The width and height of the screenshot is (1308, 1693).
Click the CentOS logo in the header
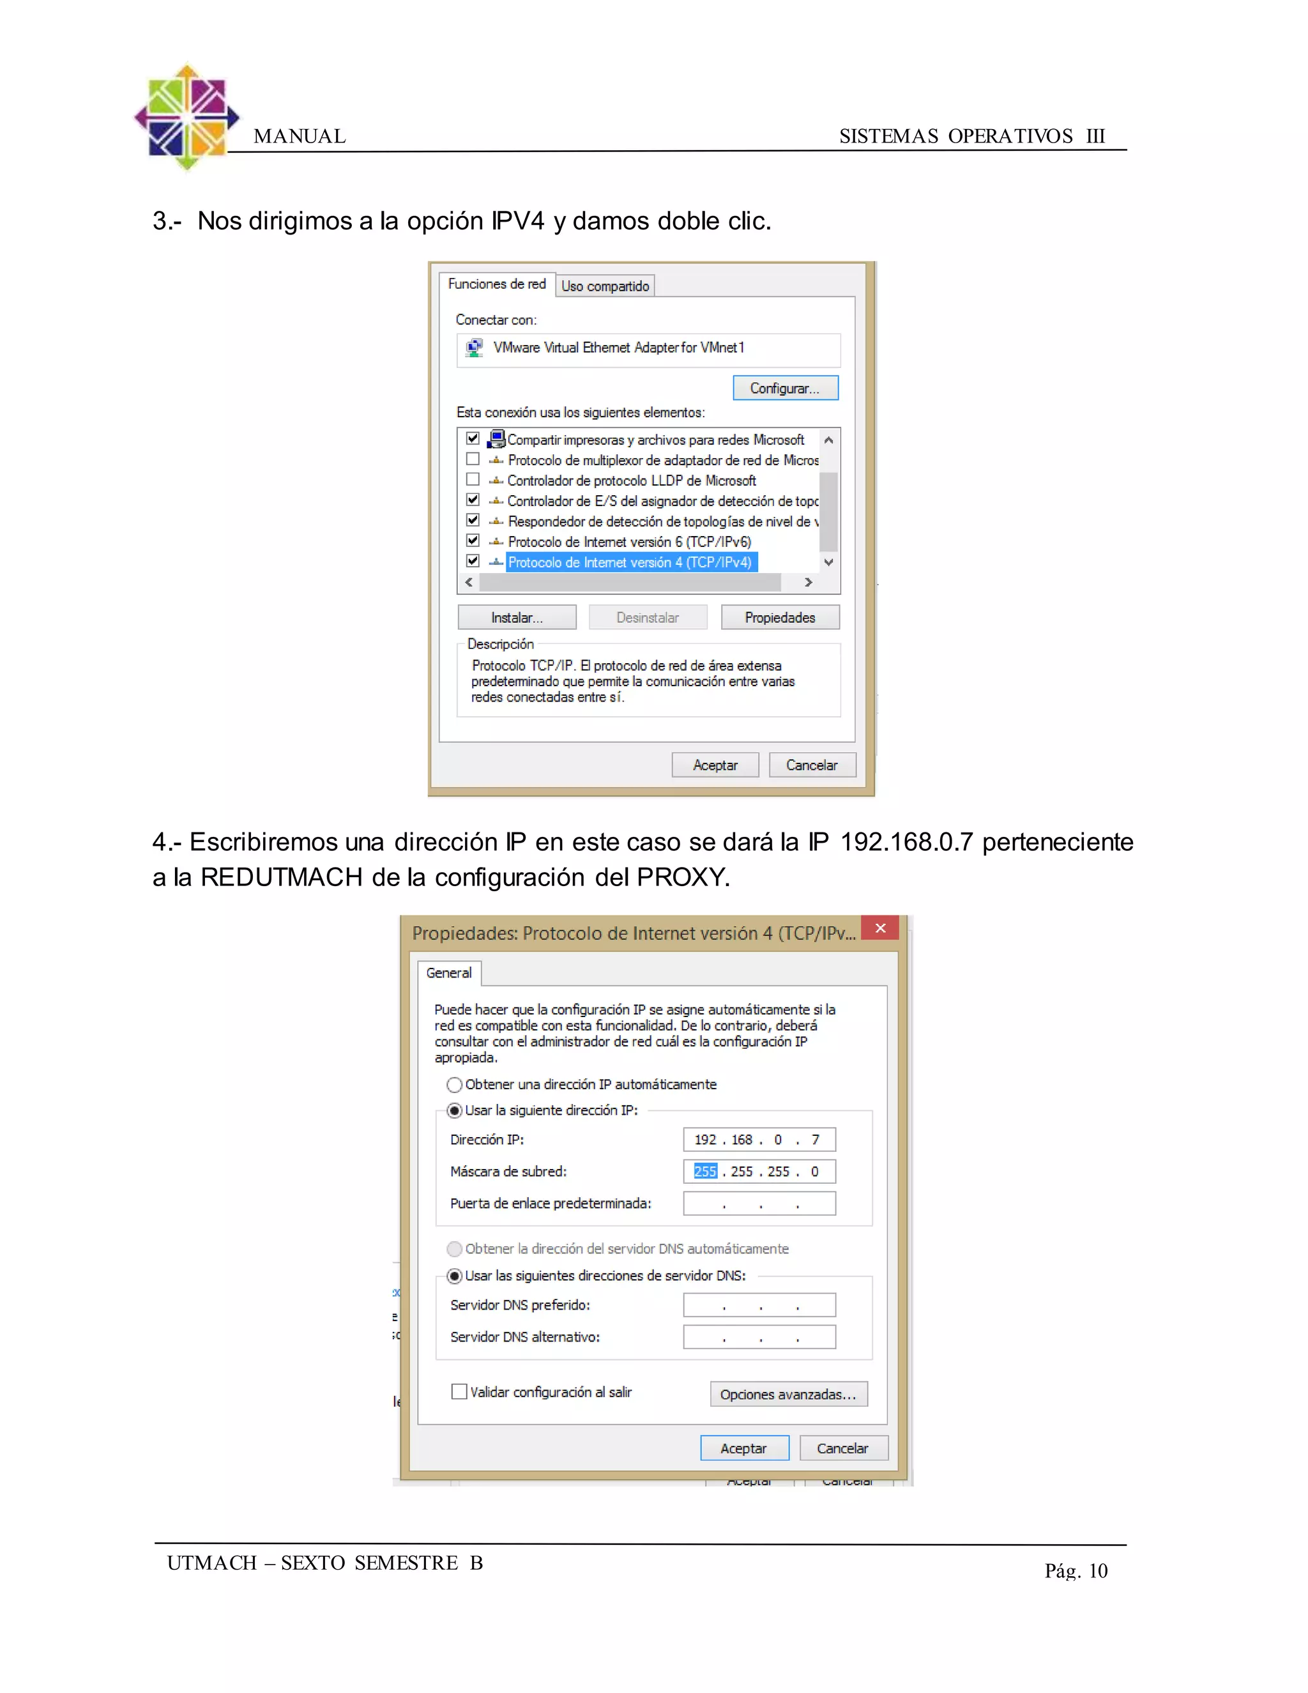186,118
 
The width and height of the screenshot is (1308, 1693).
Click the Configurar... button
785,388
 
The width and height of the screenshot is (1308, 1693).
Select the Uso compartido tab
605,286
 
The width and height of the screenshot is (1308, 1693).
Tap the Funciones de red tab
497,284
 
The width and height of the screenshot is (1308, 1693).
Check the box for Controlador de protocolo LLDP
473,480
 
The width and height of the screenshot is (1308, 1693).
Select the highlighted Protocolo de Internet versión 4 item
630,562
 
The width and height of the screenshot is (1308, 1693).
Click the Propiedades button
780,617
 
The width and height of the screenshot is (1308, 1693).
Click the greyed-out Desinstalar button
648,617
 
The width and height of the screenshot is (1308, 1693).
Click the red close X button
879,928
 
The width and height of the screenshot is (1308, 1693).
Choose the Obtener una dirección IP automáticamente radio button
455,1085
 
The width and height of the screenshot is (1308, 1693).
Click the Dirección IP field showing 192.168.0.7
759,1140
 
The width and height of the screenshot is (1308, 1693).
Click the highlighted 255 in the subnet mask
705,1171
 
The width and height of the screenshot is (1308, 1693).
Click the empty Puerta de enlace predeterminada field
759,1203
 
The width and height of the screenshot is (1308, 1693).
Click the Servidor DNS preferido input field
759,1305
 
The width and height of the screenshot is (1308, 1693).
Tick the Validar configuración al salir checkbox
459,1391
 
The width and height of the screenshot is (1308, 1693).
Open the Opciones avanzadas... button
788,1394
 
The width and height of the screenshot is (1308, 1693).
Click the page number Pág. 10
1076,1570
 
